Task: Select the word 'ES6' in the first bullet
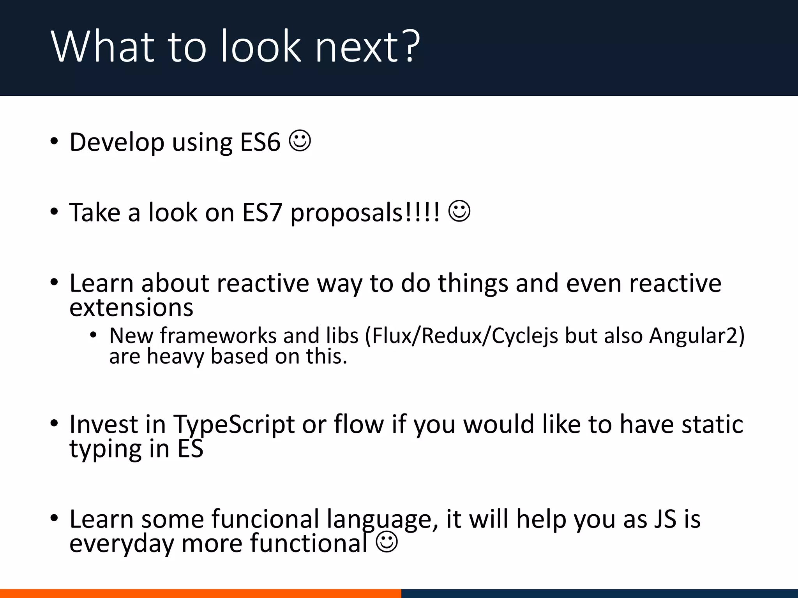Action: point(260,142)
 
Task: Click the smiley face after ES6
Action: point(300,141)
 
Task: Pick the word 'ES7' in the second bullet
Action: point(261,213)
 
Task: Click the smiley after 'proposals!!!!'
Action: point(459,211)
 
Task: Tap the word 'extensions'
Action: point(131,308)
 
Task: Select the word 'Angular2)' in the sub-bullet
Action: point(697,336)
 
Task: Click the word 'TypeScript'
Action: point(234,424)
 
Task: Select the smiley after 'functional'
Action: point(387,542)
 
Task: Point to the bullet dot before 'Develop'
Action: point(54,141)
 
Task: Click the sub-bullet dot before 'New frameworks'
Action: point(93,335)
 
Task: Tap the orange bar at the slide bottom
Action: point(200,593)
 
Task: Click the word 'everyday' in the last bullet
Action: point(122,543)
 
